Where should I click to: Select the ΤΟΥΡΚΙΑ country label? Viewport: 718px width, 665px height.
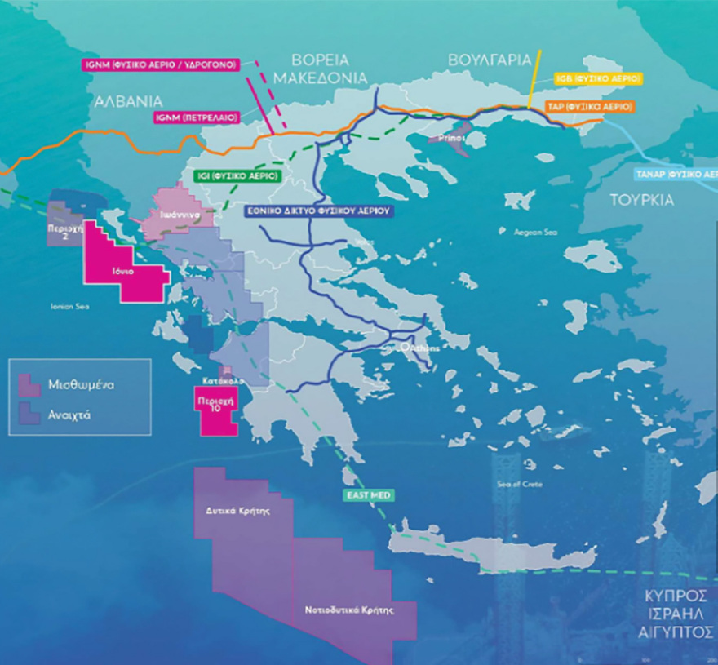click(642, 200)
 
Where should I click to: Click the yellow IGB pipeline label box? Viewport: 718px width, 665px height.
click(598, 78)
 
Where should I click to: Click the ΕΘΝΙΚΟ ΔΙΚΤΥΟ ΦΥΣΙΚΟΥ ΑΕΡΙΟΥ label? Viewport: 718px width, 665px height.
click(319, 211)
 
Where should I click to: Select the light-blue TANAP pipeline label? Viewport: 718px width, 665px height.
click(676, 174)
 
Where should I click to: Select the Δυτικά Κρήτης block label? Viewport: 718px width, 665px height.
click(237, 511)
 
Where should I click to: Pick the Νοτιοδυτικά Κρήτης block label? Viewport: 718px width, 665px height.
click(349, 610)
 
